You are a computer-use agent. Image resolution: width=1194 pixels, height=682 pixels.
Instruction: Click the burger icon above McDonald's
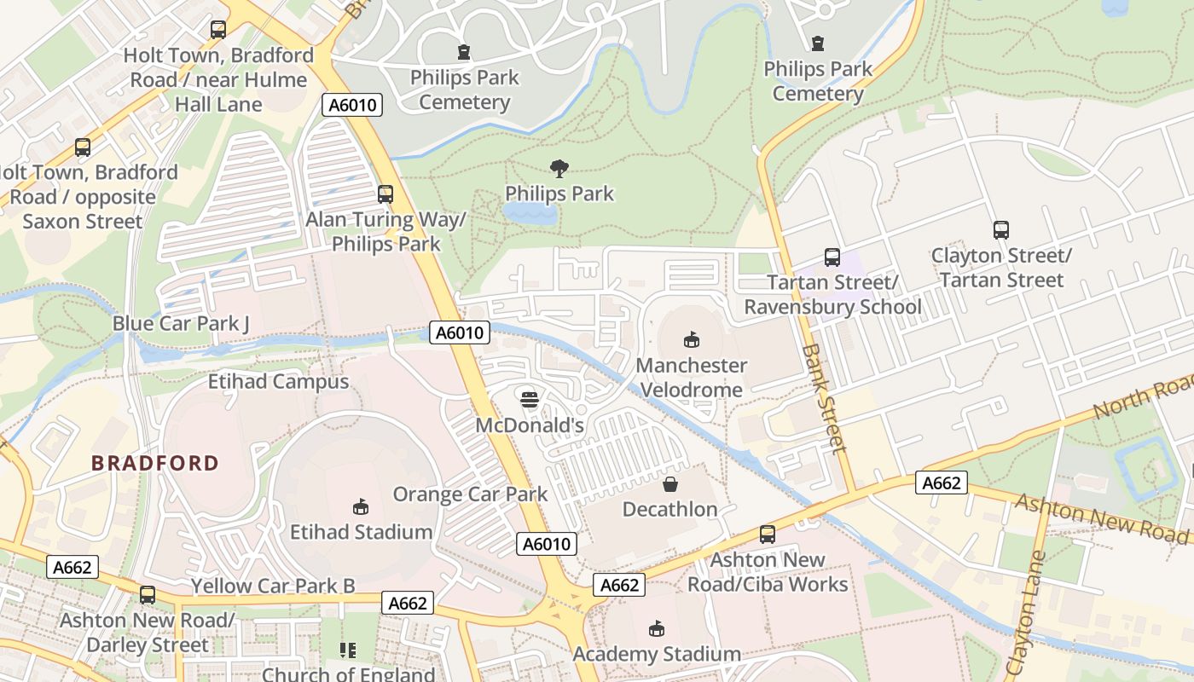click(x=530, y=399)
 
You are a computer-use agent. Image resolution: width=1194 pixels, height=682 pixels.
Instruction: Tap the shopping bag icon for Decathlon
click(x=670, y=484)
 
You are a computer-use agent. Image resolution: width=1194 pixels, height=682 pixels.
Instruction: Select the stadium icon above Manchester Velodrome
click(x=692, y=340)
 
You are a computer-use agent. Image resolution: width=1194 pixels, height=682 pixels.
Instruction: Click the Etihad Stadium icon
click(x=361, y=506)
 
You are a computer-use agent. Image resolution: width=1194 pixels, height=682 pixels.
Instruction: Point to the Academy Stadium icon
click(x=656, y=629)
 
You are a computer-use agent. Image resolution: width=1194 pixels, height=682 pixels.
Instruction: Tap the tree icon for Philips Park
click(x=559, y=168)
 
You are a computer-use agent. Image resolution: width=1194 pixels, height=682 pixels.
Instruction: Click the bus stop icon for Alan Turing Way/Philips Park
click(x=385, y=194)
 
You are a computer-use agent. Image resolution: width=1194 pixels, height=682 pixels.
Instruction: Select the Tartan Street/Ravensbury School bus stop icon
click(x=832, y=257)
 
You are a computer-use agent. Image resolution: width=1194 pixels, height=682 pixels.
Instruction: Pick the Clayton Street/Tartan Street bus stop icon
click(x=1001, y=230)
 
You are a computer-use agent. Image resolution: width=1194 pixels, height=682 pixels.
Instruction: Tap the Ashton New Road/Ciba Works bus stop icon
click(x=768, y=535)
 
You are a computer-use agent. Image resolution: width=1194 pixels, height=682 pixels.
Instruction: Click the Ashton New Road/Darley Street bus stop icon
click(x=148, y=595)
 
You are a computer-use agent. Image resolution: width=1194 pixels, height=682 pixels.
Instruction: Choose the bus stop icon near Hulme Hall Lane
click(x=218, y=30)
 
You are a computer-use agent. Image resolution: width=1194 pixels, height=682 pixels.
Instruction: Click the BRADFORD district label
click(x=155, y=463)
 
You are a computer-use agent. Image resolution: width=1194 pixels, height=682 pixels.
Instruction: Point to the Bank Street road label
click(x=825, y=397)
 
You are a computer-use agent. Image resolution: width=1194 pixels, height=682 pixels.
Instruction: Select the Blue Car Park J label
click(x=181, y=324)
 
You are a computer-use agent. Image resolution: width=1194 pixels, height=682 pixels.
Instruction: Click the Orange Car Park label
click(x=470, y=494)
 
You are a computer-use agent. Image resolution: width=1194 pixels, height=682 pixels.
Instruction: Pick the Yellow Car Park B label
click(x=273, y=586)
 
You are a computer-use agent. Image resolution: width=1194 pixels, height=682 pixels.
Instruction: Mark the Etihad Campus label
click(x=279, y=381)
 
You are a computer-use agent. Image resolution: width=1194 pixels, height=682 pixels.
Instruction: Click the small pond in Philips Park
click(x=529, y=213)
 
